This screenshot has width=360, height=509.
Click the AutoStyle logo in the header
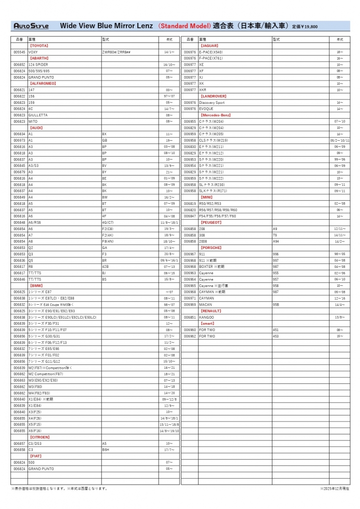tap(31, 26)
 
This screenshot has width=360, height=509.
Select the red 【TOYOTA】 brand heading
tap(39, 45)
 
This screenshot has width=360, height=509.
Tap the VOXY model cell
tap(33, 52)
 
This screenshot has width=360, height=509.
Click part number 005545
tap(19, 52)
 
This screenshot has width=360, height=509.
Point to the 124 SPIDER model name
tap(38, 65)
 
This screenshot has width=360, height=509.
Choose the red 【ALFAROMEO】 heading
tap(43, 84)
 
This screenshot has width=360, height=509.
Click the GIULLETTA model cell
tap(38, 115)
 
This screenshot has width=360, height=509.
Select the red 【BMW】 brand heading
tap(36, 285)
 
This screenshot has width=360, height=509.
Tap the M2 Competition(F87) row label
tap(46, 374)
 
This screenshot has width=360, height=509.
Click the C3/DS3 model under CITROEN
tap(35, 443)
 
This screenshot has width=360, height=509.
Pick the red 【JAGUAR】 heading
tap(209, 45)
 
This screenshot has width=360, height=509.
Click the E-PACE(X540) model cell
tap(211, 52)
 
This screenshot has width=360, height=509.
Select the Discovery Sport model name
tap(212, 102)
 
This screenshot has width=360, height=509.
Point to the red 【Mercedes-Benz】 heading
tap(216, 115)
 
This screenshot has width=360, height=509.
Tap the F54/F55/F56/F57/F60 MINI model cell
tap(218, 216)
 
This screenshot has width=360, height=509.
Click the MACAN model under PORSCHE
tap(205, 304)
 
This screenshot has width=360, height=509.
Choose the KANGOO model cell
tap(206, 317)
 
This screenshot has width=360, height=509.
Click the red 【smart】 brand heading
tap(208, 323)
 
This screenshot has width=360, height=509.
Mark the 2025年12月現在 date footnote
tap(335, 488)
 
